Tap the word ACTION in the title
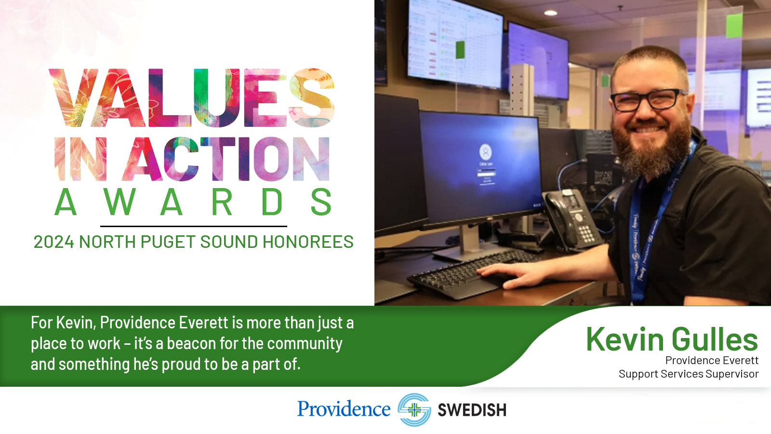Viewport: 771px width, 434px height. (x=229, y=159)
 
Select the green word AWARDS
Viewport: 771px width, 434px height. (x=193, y=202)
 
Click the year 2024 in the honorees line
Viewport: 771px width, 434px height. (x=53, y=242)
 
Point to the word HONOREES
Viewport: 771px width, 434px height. (x=308, y=242)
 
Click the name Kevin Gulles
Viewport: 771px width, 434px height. (x=672, y=339)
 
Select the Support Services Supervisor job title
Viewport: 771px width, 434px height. (x=689, y=374)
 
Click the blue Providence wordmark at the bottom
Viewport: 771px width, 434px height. (x=344, y=409)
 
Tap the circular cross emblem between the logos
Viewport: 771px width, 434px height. (x=414, y=409)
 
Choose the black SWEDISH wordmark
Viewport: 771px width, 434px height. (x=472, y=410)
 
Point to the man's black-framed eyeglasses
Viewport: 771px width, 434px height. (x=648, y=99)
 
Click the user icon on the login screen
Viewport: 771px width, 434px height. (x=485, y=152)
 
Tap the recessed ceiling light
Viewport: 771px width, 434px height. (x=550, y=13)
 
